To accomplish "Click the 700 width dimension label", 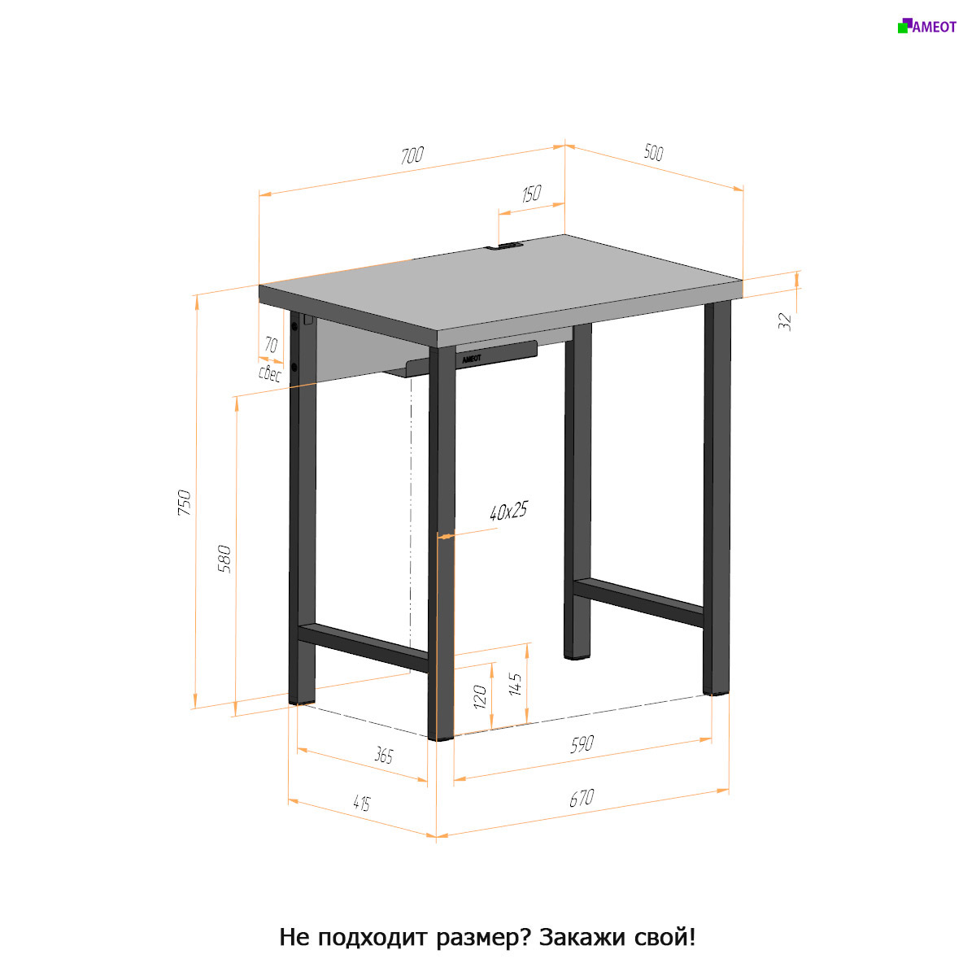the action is tap(412, 155).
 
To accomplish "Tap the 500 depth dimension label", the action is tap(653, 152).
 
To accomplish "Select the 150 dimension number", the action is tap(531, 193).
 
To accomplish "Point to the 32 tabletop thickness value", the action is tap(785, 321).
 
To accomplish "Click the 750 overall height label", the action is tap(185, 503).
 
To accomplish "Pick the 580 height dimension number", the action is tap(224, 559).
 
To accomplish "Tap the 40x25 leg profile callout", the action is tap(508, 511).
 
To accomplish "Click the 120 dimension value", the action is tap(479, 696).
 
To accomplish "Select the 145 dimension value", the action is tap(515, 684).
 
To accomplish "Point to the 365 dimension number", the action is tap(383, 756).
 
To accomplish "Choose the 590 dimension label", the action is tap(582, 744).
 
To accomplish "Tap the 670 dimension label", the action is tap(582, 798).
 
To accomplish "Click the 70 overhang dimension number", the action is tap(271, 345).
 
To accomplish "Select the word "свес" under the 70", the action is tap(269, 373).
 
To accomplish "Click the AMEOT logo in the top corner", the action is tap(927, 26).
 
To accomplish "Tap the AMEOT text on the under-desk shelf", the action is tap(472, 359).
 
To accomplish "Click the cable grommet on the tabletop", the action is tap(505, 248).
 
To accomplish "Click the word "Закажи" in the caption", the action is tap(582, 939).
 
